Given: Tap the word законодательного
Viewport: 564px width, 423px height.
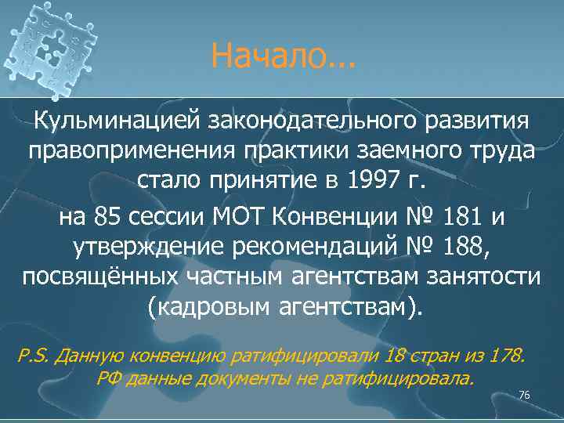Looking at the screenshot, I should (309, 121).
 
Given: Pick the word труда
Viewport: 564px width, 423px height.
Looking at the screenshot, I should (501, 151).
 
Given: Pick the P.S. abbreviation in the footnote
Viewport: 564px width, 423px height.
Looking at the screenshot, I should (31, 355).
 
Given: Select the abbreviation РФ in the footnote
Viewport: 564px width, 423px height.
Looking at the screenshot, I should (108, 380).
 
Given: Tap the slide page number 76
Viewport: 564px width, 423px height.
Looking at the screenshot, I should (524, 395).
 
